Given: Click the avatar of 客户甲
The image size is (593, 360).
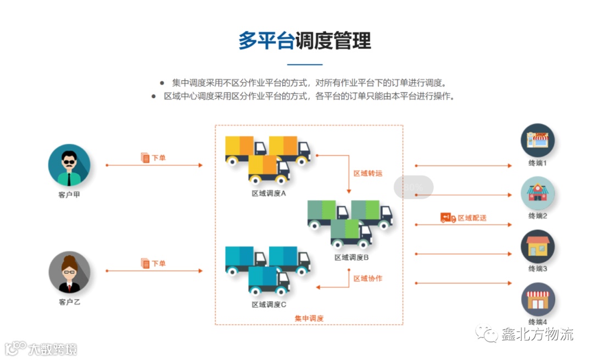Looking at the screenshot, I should tap(69, 165).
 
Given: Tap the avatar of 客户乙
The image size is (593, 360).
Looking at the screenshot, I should tap(69, 272).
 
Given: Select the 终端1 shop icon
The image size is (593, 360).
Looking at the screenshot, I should tap(538, 140).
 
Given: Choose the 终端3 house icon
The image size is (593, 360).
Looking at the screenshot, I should tap(538, 246).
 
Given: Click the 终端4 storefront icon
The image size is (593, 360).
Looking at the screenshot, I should tap(538, 299).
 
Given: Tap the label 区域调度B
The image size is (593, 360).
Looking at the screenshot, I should tap(351, 257).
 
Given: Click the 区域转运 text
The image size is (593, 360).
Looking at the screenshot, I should tap(367, 173).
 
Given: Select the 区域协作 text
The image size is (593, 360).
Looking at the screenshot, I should tap(367, 279).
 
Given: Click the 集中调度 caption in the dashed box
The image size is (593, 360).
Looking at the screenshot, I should tap(309, 318).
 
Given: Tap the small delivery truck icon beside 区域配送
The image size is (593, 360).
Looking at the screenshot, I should tap(448, 218).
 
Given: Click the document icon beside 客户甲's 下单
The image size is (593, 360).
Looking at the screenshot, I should tap(146, 158).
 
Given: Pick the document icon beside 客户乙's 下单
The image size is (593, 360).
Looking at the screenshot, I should tap(146, 263).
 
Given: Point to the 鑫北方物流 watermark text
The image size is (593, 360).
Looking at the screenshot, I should tap(537, 334).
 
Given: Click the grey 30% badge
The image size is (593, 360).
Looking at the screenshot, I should tap(413, 187).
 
